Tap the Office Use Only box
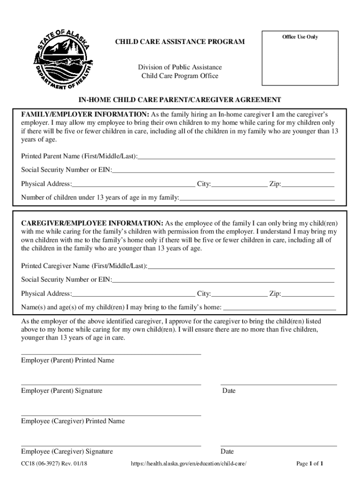click(300, 58)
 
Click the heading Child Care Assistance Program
click(180, 43)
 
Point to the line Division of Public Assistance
click(180, 67)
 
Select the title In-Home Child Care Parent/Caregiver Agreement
click(180, 100)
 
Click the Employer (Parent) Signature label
click(62, 391)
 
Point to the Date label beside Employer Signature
click(229, 391)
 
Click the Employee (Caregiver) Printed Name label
click(73, 421)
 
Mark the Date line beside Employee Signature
click(278, 445)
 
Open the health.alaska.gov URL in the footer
click(188, 464)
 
